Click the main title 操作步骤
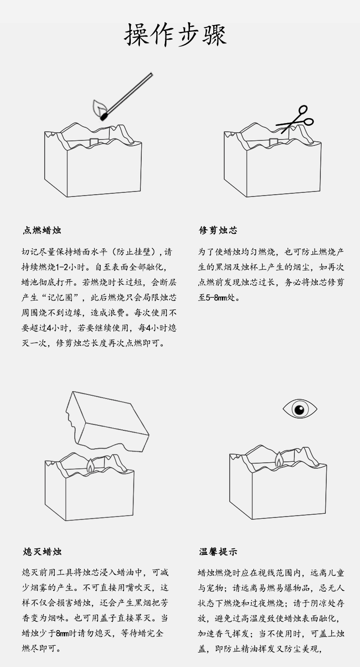(175, 35)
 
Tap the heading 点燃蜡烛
(42, 231)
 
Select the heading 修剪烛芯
(218, 231)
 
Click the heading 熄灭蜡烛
(42, 552)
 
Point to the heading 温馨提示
(218, 552)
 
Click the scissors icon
(296, 119)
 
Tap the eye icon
(299, 408)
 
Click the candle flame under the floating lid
(91, 465)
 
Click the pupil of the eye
(299, 409)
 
